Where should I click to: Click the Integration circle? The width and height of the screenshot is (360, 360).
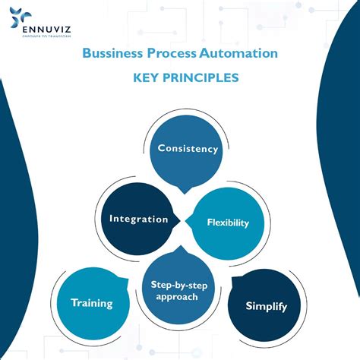point(138,219)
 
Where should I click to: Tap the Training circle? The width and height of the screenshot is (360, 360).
point(92,303)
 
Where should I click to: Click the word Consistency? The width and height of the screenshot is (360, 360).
point(188,149)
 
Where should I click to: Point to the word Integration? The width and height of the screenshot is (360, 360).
point(138,219)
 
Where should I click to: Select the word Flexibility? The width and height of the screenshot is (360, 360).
point(228,223)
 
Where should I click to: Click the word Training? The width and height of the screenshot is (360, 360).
point(92,303)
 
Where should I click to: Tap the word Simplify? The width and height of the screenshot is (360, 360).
point(266,306)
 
